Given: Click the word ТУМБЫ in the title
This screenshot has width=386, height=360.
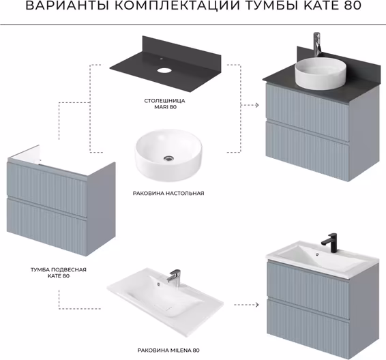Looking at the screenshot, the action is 271,5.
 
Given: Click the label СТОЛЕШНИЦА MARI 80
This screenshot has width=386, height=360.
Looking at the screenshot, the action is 164,104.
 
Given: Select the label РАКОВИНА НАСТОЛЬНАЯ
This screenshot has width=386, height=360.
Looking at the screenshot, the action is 168,194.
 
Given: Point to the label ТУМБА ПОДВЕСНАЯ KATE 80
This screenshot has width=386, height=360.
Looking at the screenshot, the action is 59,273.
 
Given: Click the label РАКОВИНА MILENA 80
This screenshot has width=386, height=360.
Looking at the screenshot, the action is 168,350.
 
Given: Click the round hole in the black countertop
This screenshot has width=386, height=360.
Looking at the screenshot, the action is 164,70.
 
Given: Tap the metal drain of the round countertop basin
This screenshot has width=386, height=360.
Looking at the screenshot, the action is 168,158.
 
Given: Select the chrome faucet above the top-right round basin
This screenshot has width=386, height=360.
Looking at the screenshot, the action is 317,44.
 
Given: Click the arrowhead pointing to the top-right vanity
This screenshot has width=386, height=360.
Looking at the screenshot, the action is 257,105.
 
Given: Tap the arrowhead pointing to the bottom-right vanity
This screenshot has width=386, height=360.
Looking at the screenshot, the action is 257,305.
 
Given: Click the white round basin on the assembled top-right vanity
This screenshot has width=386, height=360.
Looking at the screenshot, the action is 320,74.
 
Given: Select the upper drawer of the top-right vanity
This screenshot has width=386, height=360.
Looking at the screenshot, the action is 308,112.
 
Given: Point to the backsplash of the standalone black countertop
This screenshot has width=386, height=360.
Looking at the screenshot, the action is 181,48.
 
